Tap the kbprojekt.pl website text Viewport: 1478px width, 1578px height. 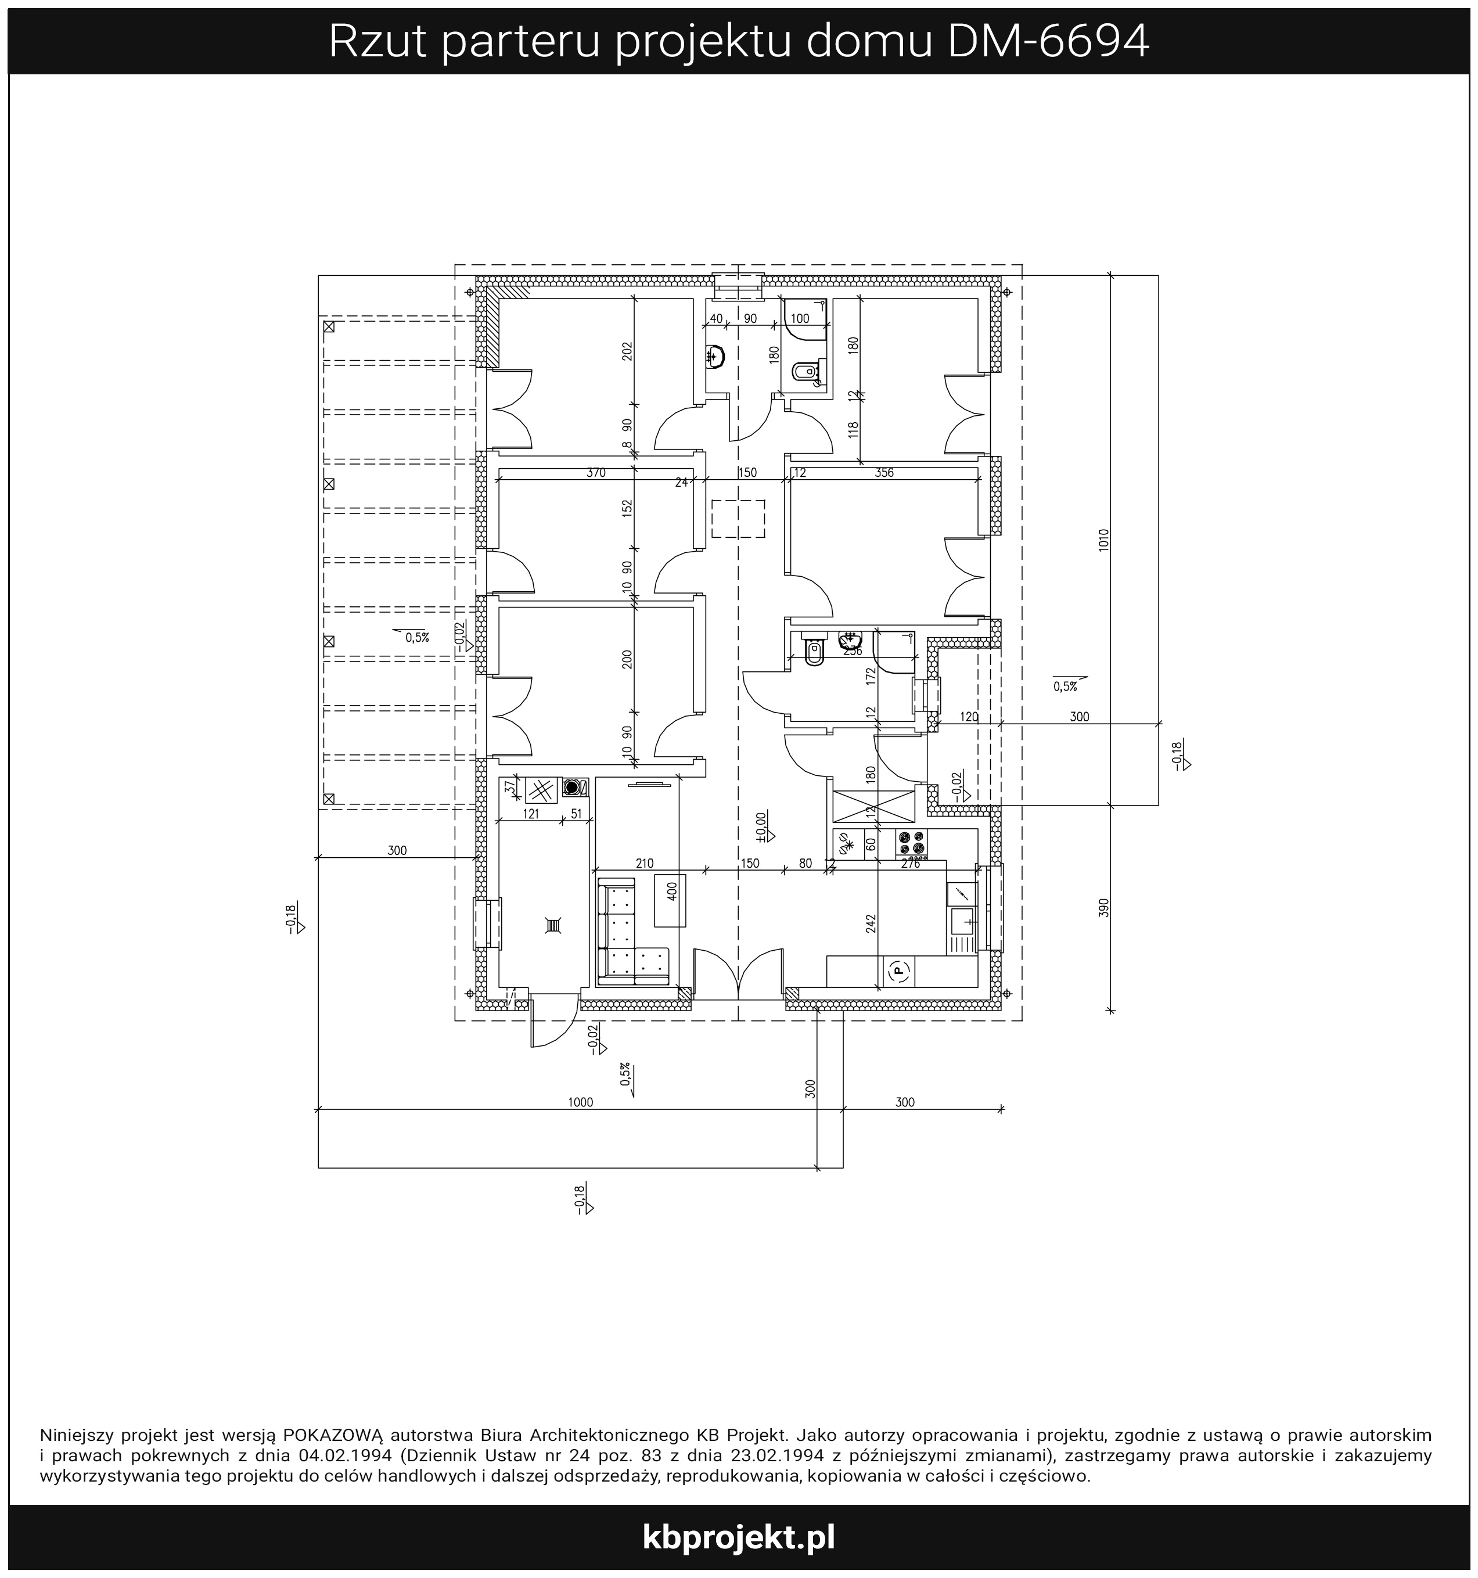point(738,1537)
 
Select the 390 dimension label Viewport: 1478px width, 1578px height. point(1103,907)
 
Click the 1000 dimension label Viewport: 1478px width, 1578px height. point(580,1102)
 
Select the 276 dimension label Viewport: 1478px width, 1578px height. point(911,864)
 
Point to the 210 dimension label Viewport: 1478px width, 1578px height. point(645,863)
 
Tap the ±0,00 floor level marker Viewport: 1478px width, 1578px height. point(762,827)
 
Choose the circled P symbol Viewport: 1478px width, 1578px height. point(898,969)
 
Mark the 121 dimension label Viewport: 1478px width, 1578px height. point(531,814)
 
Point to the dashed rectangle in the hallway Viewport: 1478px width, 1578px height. point(738,517)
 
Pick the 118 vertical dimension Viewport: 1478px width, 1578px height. point(853,429)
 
